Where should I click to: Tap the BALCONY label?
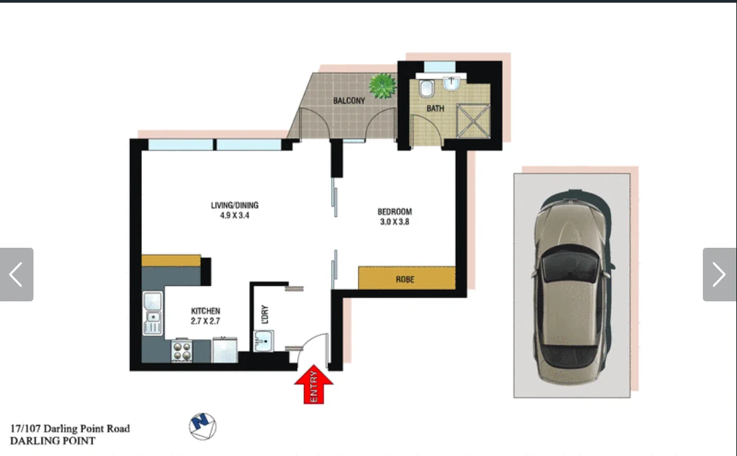point(349,101)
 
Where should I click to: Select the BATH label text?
point(435,108)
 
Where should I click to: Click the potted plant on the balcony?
point(382,85)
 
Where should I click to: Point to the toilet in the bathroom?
point(426,89)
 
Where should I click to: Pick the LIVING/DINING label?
point(234,206)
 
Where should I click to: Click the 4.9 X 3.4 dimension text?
point(234,216)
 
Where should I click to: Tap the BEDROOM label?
point(394,212)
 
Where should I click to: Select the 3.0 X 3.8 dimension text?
point(394,222)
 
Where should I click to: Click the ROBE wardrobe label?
point(404,279)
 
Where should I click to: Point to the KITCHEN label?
point(206,311)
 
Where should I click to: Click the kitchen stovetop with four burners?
point(181,351)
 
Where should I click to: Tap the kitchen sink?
point(153,314)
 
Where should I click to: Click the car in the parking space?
point(573,286)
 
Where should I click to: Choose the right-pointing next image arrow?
point(719,275)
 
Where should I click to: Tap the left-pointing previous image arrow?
point(16,275)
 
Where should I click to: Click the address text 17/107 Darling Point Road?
point(70,429)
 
